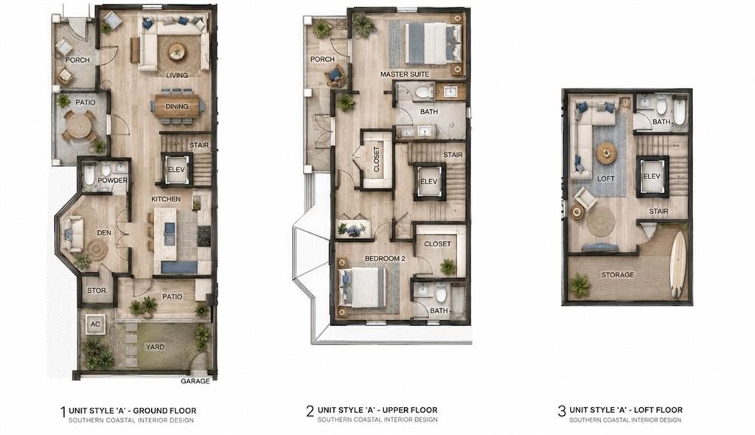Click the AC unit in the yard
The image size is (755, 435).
click(95, 324)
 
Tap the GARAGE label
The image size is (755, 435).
click(195, 381)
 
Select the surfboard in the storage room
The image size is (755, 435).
click(678, 264)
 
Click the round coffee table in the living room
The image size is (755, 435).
click(177, 52)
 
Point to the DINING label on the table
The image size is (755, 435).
click(177, 106)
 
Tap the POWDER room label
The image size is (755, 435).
click(113, 180)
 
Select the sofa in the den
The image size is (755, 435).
click(73, 234)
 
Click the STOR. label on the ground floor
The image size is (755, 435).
click(97, 291)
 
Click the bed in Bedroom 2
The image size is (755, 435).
click(363, 288)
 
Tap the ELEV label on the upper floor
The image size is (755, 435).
click(428, 181)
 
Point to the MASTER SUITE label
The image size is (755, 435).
click(405, 74)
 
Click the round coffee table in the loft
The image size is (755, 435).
click(606, 153)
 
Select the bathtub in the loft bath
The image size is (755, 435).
click(680, 112)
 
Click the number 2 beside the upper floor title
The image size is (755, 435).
click(310, 411)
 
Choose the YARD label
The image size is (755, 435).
click(155, 347)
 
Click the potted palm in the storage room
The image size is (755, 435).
click(580, 285)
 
